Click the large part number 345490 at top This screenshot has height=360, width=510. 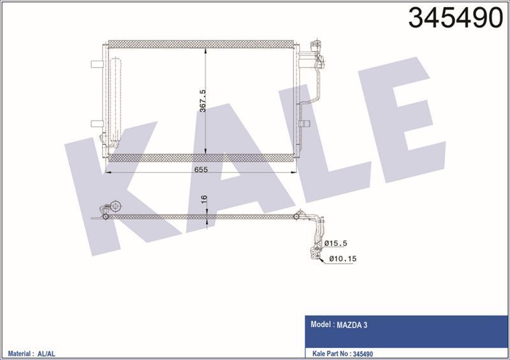click(x=455, y=18)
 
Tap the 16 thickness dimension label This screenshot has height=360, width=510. click(x=203, y=200)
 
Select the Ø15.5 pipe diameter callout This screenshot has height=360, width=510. click(x=336, y=243)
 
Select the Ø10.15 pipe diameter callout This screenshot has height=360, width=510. click(x=344, y=258)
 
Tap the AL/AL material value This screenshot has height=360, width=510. click(x=48, y=352)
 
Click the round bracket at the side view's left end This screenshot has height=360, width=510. click(x=116, y=206)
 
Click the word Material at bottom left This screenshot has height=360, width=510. click(x=19, y=352)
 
